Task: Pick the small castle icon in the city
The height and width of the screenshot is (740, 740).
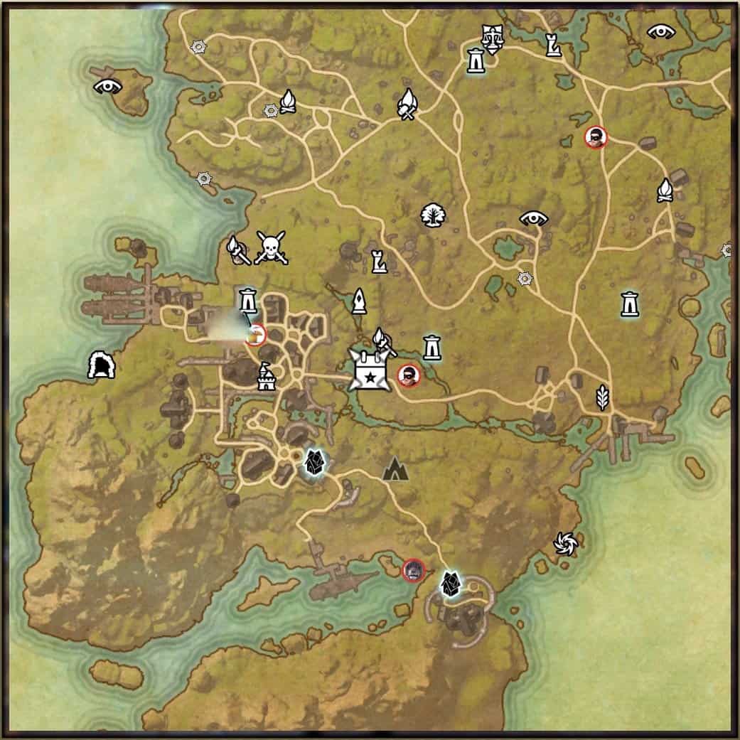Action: click(266, 376)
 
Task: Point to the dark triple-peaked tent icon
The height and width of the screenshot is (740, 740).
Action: click(395, 468)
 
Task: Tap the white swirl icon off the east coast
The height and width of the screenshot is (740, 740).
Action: click(566, 545)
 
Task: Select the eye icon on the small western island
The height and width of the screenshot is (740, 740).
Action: click(108, 87)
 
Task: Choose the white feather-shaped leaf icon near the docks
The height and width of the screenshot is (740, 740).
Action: click(602, 397)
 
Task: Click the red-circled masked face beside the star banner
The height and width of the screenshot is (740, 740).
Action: click(408, 375)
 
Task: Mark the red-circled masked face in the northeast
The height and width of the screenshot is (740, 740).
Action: click(596, 137)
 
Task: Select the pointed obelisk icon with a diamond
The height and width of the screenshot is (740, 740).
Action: click(359, 301)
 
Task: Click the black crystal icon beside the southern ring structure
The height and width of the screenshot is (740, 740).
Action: click(449, 584)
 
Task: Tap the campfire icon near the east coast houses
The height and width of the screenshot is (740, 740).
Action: click(665, 190)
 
